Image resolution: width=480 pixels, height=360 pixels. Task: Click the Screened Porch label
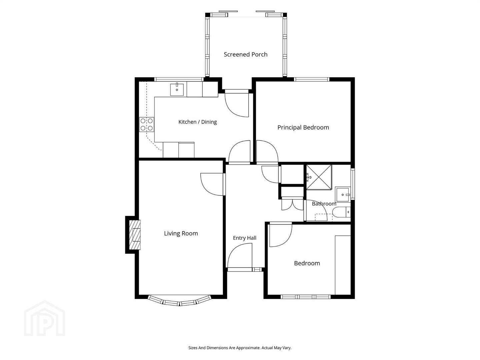[245, 54]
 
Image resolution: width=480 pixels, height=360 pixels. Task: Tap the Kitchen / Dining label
[197, 122]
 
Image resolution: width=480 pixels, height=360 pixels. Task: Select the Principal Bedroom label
[303, 127]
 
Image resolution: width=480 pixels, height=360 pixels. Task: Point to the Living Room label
[181, 233]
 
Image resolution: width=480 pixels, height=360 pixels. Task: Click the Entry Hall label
[244, 238]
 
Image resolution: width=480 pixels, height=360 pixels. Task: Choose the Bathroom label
[324, 204]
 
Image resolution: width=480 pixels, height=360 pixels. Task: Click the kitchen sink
[177, 89]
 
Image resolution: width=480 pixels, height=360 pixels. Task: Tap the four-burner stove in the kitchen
[147, 124]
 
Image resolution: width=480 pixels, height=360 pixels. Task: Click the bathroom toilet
[341, 212]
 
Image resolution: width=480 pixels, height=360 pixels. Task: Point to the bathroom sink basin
[343, 194]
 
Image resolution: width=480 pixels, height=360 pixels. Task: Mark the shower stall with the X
[319, 177]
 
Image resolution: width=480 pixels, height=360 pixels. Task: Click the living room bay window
[180, 301]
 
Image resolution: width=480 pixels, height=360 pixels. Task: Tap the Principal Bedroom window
[312, 79]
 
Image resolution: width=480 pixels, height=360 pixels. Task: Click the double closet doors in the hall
[292, 204]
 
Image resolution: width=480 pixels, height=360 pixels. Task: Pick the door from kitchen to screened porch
[237, 103]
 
